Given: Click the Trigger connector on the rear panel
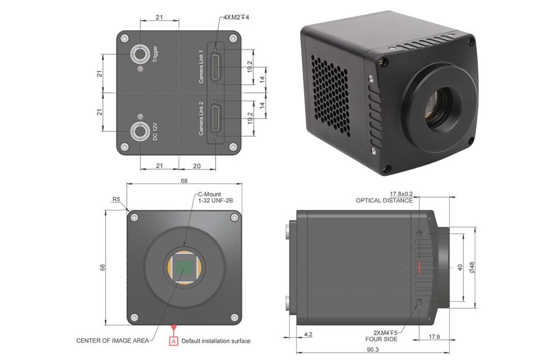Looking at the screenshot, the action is tap(140, 54).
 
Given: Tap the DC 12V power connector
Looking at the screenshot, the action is tap(140, 131).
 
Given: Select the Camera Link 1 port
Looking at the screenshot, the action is tap(216, 67).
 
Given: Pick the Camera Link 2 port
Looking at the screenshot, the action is tap(216, 119).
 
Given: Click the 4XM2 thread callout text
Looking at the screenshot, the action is tap(236, 17).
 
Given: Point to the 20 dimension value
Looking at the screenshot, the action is tap(197, 166).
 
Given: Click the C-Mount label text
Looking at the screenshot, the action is tap(209, 194).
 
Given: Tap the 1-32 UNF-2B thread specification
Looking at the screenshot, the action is tap(216, 201).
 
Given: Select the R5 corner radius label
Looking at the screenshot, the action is tap(116, 200).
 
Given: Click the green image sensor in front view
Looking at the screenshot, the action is tap(184, 267).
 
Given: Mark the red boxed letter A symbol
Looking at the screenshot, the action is tap(173, 341).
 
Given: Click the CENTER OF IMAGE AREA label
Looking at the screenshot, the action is tap(113, 340).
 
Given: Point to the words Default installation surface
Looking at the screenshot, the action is tap(216, 341).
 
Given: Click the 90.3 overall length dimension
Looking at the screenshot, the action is tap(372, 349).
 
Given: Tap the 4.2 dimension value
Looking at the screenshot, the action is tap(308, 334).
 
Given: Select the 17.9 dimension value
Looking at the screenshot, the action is tap(434, 337).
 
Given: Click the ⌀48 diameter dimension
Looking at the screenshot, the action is tap(472, 268).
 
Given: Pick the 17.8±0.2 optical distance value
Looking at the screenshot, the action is tap(401, 194).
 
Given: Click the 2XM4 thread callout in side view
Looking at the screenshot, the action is tap(385, 333).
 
